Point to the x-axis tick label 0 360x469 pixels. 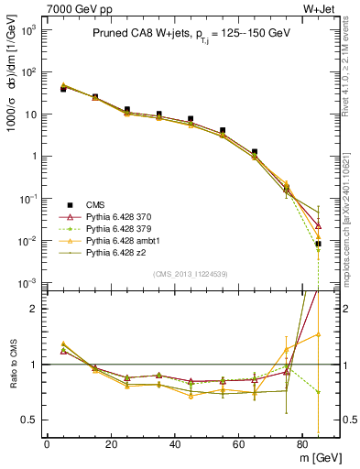coord(47,443)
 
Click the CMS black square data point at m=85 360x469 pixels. coord(318,244)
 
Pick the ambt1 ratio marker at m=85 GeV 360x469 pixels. coord(318,334)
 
